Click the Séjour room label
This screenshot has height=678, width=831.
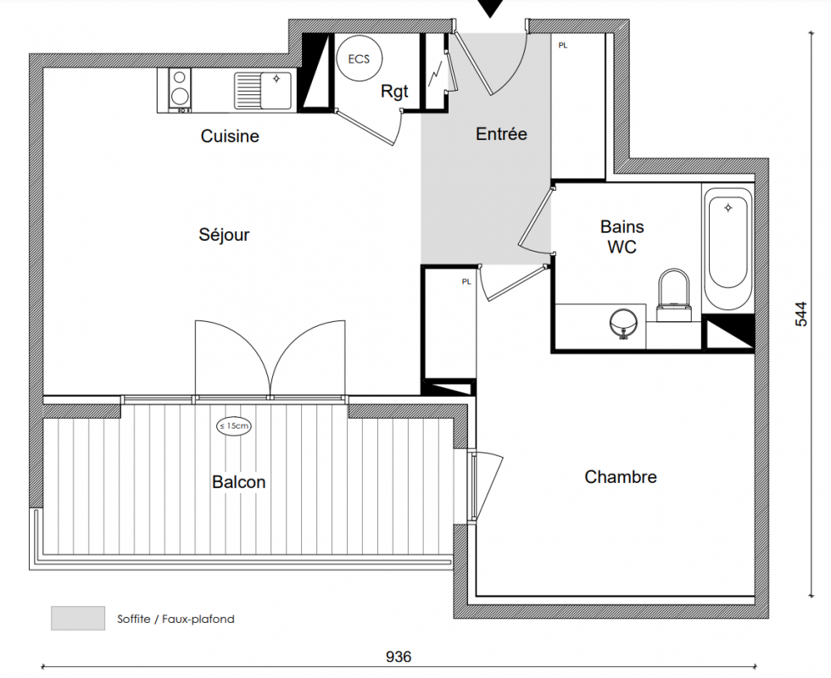coord(224,235)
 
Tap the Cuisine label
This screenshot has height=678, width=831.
coord(230,136)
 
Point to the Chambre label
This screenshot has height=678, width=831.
coord(621,476)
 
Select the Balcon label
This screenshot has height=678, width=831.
coord(238,482)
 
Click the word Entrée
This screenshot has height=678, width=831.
coord(501,134)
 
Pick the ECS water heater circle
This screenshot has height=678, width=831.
coord(360,58)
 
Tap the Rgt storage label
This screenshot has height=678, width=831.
coord(394,92)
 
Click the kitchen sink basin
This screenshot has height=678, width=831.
coord(276,91)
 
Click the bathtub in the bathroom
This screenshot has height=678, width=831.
coord(728,248)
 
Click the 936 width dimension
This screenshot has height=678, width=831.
coord(398,657)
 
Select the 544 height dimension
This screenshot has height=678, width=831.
coord(801,314)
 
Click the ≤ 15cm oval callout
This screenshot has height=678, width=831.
coord(234,425)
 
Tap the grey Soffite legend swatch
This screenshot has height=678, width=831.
coord(78,618)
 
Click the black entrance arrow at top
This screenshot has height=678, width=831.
coord(490,8)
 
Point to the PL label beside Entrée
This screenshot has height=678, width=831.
coord(563,46)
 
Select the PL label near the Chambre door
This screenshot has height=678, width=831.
coord(466,281)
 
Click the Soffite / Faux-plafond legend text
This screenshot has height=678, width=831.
coord(176,619)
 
